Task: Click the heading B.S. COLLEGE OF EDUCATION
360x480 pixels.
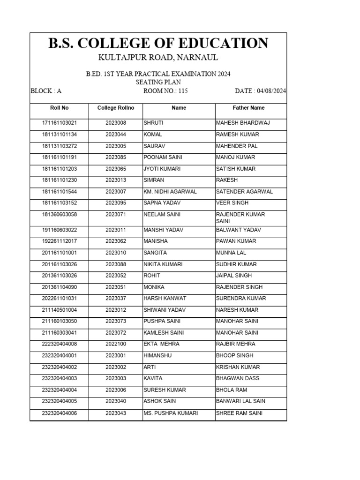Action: coord(158,43)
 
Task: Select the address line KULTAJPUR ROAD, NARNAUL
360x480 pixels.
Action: coord(158,58)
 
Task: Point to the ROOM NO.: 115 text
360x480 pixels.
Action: coord(165,91)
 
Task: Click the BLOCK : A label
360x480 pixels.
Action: coord(46,91)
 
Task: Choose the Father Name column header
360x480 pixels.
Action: coord(248,108)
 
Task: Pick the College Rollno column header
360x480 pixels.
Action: coord(116,108)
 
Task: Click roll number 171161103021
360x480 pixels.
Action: coord(59,123)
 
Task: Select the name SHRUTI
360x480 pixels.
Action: coord(153,123)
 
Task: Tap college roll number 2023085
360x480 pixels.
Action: coord(116,157)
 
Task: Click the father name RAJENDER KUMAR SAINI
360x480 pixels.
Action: coord(240,217)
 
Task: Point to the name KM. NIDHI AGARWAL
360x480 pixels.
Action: coord(170,192)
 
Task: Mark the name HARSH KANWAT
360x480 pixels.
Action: coord(165,299)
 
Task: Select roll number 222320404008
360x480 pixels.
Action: coord(59,344)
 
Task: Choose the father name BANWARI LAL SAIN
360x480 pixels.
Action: coord(240,401)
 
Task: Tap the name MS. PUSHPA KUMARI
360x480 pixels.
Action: coord(170,413)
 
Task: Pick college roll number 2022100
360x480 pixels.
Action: coord(116,344)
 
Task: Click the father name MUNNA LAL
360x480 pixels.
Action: coord(231,253)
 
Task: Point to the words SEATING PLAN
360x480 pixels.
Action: coord(158,82)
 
